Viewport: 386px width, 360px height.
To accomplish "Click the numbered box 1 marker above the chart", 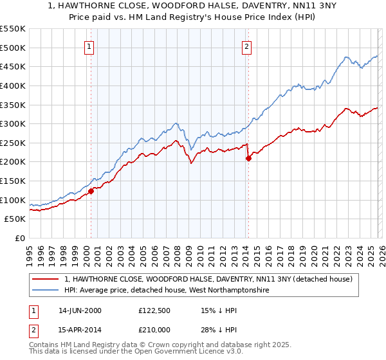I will (x=88, y=46).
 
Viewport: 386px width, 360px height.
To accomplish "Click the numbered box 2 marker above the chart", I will (x=246, y=46).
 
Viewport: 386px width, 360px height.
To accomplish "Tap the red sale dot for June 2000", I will (x=91, y=191).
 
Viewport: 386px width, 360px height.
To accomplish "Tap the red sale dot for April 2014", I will (x=248, y=158).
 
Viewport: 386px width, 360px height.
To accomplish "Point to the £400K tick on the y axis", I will (x=13, y=85).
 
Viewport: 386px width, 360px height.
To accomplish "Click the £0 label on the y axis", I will (x=21, y=239).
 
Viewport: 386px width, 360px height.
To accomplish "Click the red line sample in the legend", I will (x=46, y=280).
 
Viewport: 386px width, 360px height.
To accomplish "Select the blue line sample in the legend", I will (x=46, y=291).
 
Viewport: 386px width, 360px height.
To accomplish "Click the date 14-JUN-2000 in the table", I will (x=80, y=310).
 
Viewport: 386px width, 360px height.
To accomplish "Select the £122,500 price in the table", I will (x=156, y=310).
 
